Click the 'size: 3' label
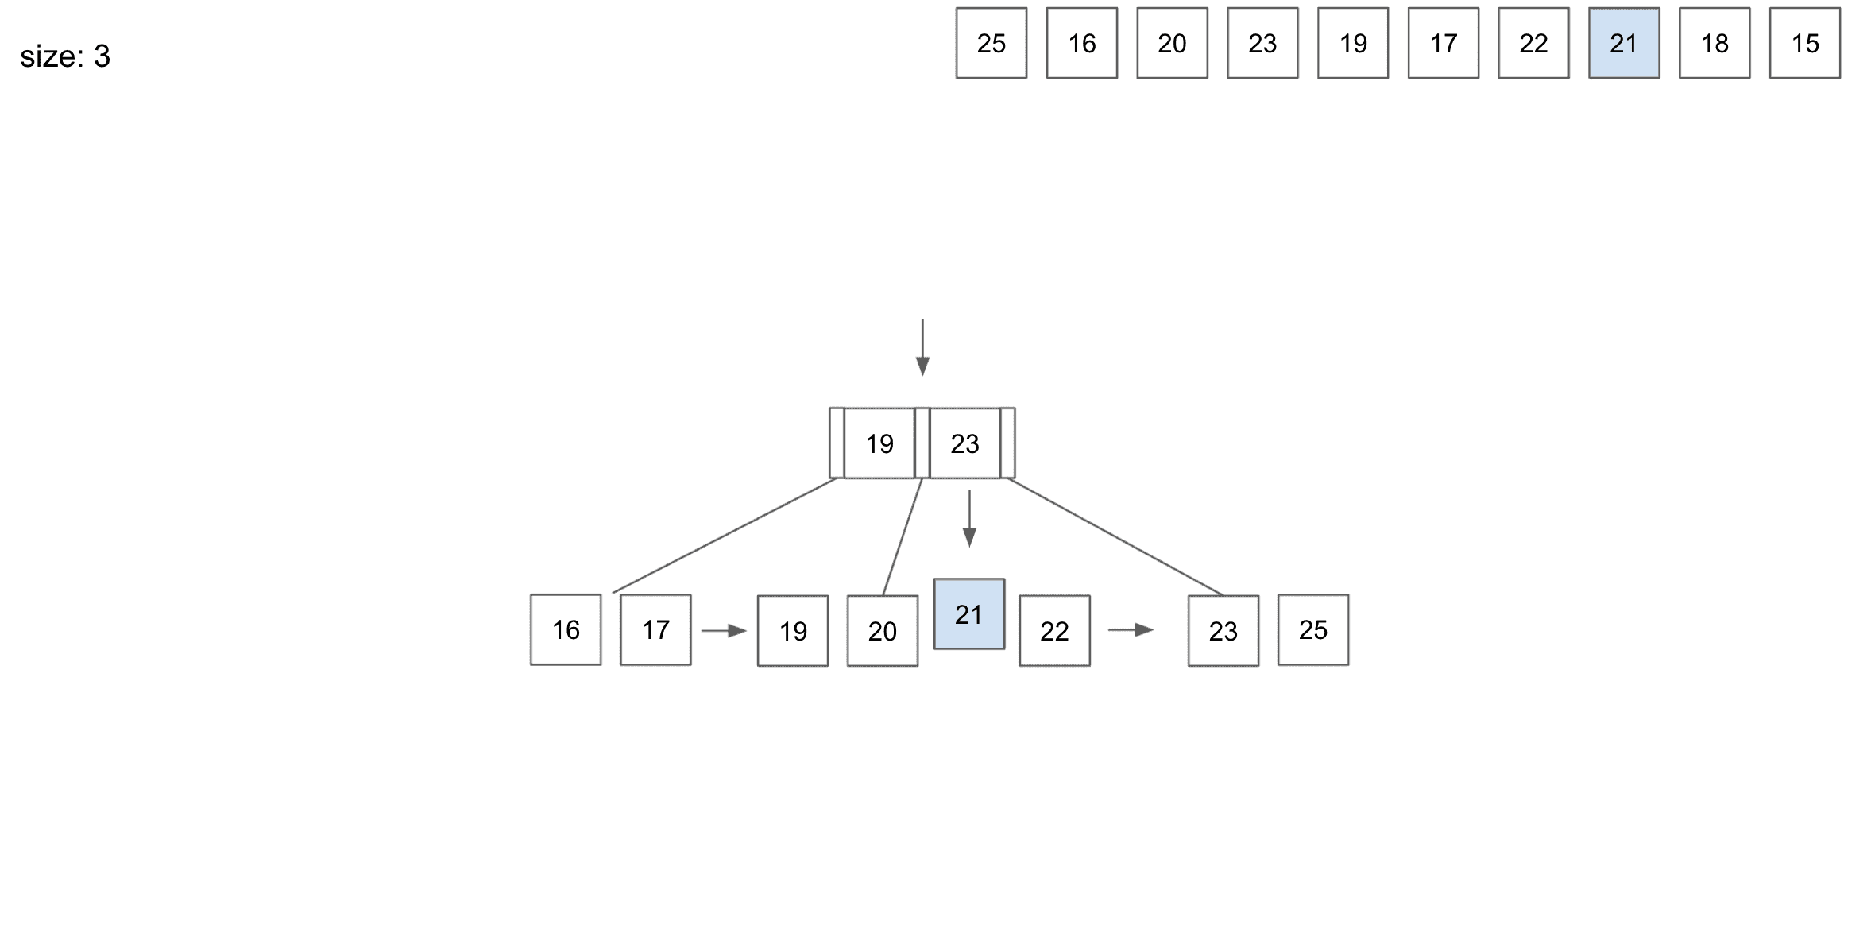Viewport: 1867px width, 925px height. click(x=65, y=56)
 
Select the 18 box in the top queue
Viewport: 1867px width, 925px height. click(x=1714, y=43)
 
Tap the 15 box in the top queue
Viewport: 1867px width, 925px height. click(x=1805, y=43)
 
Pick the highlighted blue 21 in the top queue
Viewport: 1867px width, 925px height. click(x=1624, y=43)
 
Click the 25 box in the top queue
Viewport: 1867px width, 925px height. click(x=991, y=43)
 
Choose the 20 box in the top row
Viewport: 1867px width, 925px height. click(x=1172, y=43)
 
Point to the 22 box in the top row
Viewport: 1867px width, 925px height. click(x=1533, y=43)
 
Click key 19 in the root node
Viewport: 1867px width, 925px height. click(x=879, y=443)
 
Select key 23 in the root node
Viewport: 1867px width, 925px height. click(x=964, y=443)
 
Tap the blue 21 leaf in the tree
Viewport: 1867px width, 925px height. click(x=969, y=614)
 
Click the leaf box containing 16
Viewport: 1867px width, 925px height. click(x=566, y=630)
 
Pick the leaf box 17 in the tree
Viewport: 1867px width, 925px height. click(x=655, y=630)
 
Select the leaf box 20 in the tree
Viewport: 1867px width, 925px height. click(x=883, y=631)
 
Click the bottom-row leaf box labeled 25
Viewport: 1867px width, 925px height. click(x=1313, y=630)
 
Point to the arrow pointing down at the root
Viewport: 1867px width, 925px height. click(x=922, y=347)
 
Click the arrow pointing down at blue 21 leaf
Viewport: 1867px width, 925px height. click(x=969, y=519)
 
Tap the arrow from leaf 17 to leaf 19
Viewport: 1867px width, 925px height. click(x=725, y=631)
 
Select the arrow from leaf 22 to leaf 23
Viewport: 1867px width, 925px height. click(x=1131, y=630)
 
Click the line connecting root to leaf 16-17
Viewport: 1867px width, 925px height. click(x=725, y=536)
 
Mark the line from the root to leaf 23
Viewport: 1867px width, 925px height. click(x=1115, y=536)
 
